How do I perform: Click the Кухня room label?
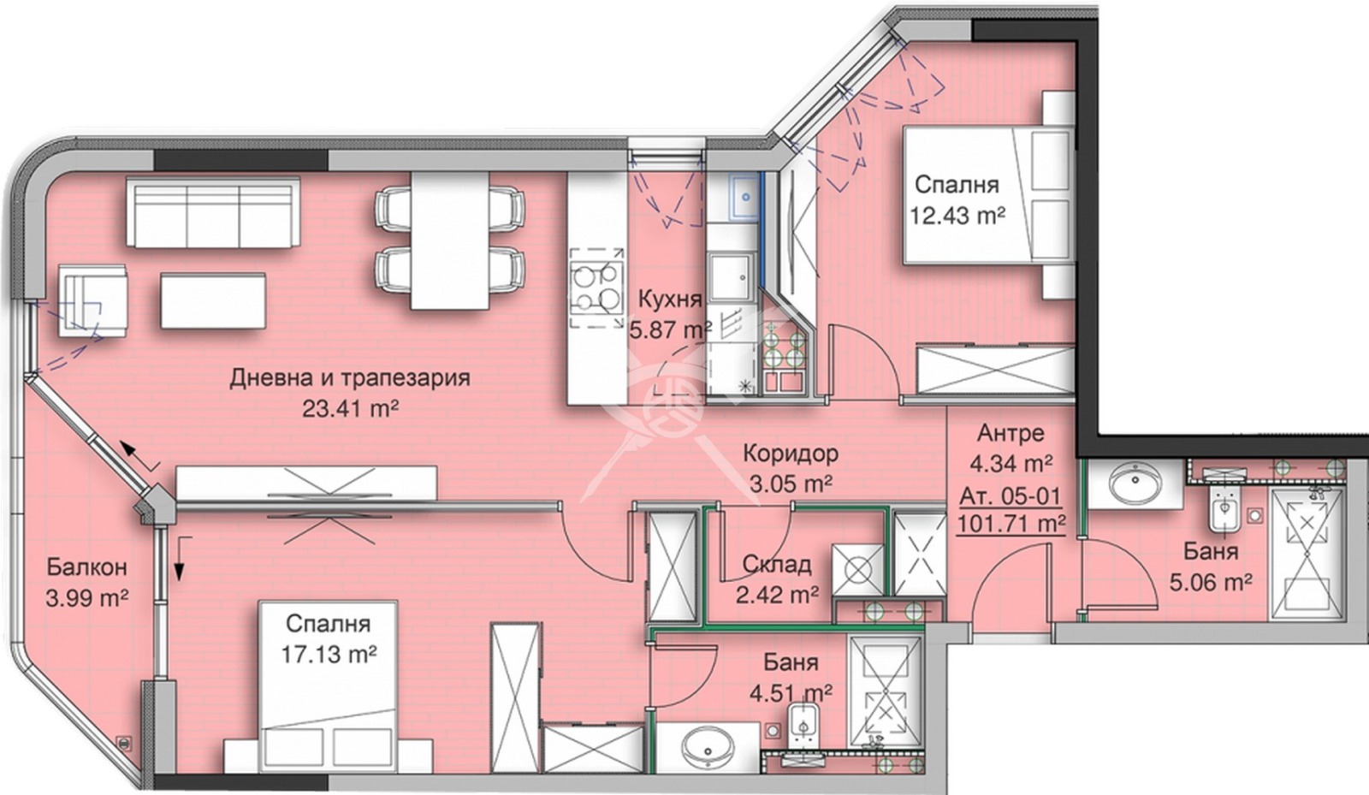pyautogui.click(x=670, y=300)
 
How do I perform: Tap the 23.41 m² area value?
pyautogui.click(x=350, y=408)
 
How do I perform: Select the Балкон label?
pyautogui.click(x=86, y=567)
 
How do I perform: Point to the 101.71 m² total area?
pyautogui.click(x=1011, y=523)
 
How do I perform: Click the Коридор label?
pyautogui.click(x=790, y=453)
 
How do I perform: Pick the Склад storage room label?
pyautogui.click(x=776, y=565)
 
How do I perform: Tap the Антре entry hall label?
pyautogui.click(x=1010, y=433)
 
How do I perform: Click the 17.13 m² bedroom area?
pyautogui.click(x=329, y=655)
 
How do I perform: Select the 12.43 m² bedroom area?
pyautogui.click(x=957, y=215)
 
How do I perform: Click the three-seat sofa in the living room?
pyautogui.click(x=213, y=212)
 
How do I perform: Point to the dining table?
pyautogui.click(x=450, y=240)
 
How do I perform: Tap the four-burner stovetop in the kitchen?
pyautogui.click(x=596, y=288)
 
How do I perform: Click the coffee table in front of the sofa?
pyautogui.click(x=212, y=300)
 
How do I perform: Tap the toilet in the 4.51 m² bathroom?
pyautogui.click(x=804, y=721)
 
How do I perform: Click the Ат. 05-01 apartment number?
pyautogui.click(x=1010, y=495)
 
